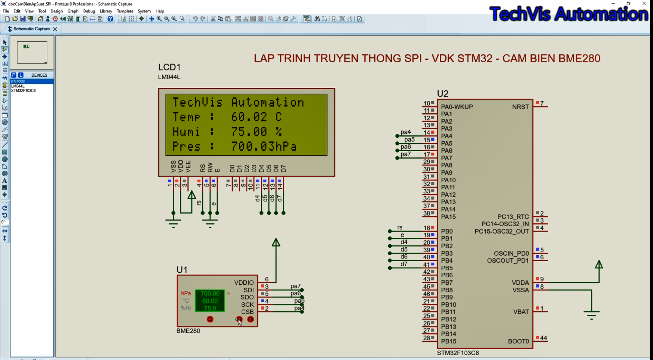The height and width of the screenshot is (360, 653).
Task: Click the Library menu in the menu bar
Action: [106, 11]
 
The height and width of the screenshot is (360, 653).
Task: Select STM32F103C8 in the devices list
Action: [24, 91]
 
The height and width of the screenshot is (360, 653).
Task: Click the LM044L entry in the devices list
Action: [18, 86]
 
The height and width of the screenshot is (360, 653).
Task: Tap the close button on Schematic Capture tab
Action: [55, 29]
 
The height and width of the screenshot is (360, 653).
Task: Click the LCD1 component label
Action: [169, 67]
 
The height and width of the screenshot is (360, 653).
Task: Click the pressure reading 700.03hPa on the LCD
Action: [264, 146]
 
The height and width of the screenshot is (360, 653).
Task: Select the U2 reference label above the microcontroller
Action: [442, 94]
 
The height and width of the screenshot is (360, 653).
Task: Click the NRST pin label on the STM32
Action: [521, 107]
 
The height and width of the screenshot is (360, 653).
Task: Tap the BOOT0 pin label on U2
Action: [519, 341]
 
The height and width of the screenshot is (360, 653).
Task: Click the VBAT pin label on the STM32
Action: [521, 312]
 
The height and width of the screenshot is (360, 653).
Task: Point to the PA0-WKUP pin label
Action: [457, 107]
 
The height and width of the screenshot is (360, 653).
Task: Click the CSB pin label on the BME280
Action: [248, 312]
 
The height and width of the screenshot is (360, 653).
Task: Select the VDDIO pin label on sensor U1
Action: [244, 283]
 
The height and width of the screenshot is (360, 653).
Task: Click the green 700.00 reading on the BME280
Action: [210, 293]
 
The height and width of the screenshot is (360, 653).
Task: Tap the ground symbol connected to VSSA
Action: [591, 315]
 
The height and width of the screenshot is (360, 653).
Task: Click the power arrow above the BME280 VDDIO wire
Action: [276, 243]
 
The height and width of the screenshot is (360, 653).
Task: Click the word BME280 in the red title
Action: [579, 58]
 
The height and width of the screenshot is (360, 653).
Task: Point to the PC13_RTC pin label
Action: [513, 217]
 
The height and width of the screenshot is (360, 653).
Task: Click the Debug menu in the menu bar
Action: [89, 11]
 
